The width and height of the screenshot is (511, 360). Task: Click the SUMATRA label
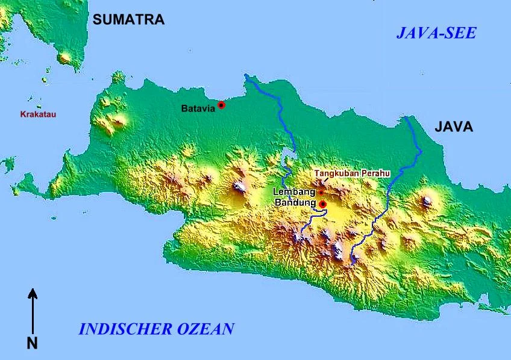pos(128,20)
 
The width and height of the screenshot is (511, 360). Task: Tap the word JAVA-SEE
pos(436,33)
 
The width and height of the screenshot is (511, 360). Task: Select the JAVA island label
pos(454,127)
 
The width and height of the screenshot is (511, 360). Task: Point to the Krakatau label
pos(38,114)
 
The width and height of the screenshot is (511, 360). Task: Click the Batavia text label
pos(198,109)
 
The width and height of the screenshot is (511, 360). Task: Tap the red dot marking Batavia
pos(221,105)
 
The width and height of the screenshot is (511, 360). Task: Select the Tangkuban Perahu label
pos(352,173)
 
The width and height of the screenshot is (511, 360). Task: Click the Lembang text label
pos(294,191)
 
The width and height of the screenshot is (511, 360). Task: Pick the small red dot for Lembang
pos(321,192)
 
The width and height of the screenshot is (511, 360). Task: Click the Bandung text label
pos(295,202)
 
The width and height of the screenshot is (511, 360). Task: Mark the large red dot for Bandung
pos(322,204)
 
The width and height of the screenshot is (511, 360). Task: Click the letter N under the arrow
pos(33,344)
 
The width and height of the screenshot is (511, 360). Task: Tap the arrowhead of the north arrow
pos(33,293)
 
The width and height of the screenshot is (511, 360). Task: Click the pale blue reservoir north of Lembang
pos(286,161)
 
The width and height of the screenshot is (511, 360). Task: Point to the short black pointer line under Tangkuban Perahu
pos(325,180)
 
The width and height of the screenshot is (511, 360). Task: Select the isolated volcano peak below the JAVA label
pos(427,201)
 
